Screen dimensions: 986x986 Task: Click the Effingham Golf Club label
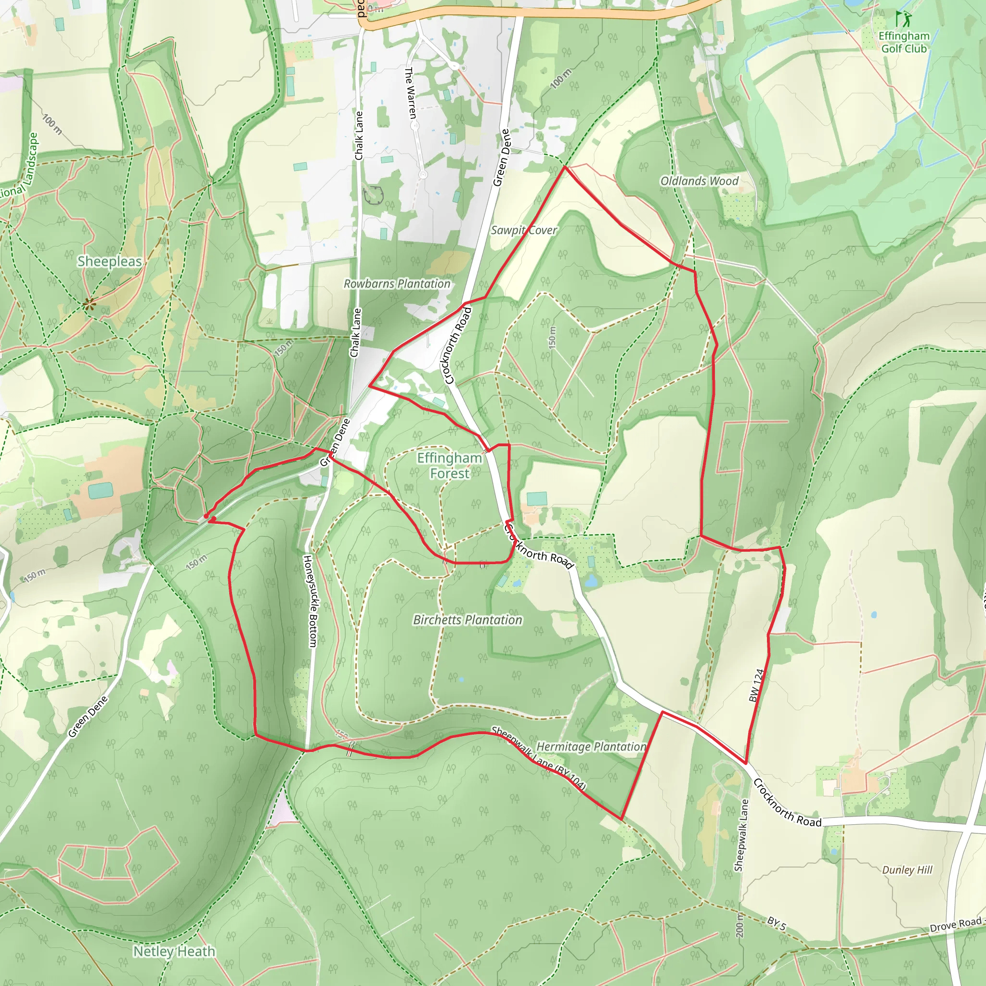coord(904,42)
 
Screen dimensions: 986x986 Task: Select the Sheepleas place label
coord(109,261)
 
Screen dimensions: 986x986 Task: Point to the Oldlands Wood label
coord(699,181)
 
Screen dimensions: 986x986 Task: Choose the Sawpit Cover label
coord(524,230)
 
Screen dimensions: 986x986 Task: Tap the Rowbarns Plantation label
coord(397,284)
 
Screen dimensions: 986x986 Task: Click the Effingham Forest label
coord(449,466)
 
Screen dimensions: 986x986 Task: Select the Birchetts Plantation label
coord(467,620)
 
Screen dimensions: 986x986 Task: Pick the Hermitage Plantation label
coord(591,746)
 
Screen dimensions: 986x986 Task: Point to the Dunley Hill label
coord(907,869)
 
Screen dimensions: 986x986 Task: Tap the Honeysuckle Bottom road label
coord(310,601)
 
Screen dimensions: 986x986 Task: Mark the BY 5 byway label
coord(777,923)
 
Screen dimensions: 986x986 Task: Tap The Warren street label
coord(410,93)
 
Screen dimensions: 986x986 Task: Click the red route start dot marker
coord(206,517)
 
